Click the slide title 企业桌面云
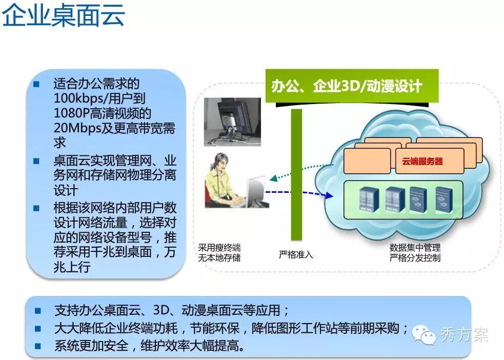tap(64, 14)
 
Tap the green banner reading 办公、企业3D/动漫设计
tap(352, 86)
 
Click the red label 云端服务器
tap(422, 161)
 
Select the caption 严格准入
tap(296, 254)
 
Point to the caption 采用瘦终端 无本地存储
tap(219, 253)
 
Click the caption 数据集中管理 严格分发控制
tap(415, 253)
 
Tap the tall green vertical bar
tap(296, 175)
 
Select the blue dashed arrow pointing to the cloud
tap(299, 193)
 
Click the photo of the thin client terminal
tap(232, 122)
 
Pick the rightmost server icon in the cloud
tap(444, 200)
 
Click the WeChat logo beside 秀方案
tap(424, 334)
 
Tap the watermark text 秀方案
tap(465, 335)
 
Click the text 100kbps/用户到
tap(99, 98)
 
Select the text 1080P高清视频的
tap(103, 113)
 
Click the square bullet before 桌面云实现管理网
tap(36, 161)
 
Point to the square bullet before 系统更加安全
tap(37, 346)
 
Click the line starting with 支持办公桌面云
tap(172, 310)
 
